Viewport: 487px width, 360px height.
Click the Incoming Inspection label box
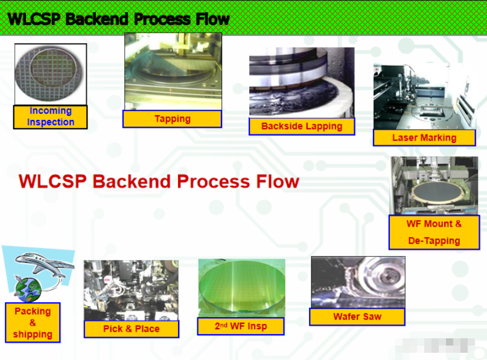click(x=51, y=116)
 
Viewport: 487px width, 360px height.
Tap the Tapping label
click(x=172, y=119)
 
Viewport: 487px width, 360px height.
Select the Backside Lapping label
click(x=302, y=126)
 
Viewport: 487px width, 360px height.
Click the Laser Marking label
click(x=424, y=137)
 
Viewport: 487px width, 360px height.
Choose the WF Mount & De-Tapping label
click(x=434, y=232)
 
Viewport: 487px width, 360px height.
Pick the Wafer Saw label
click(x=357, y=317)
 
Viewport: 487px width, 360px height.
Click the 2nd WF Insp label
click(x=240, y=326)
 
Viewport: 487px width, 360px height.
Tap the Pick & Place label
click(x=132, y=329)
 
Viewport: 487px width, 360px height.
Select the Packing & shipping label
click(x=33, y=323)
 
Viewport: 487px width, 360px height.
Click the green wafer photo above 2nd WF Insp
click(x=241, y=288)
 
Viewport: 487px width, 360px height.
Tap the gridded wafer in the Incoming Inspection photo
click(x=50, y=74)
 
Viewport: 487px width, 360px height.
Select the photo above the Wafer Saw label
click(x=358, y=282)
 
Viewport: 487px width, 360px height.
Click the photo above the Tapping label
click(x=173, y=71)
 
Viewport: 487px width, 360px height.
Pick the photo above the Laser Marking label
click(x=424, y=96)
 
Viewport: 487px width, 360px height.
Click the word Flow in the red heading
click(x=275, y=181)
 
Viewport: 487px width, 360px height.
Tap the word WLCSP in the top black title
click(x=34, y=19)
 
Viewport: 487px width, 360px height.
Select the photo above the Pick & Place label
click(x=131, y=290)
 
